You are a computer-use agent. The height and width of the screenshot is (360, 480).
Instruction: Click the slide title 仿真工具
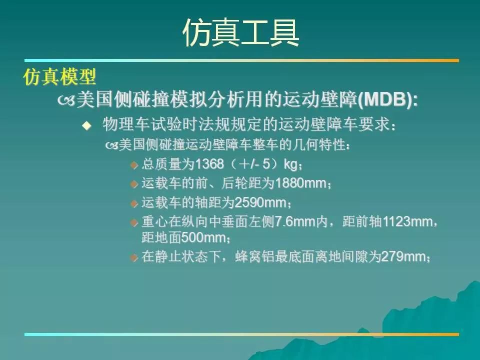click(240, 33)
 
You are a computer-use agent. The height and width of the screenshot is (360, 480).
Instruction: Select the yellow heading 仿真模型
click(59, 76)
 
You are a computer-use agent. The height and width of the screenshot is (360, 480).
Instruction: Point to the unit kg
click(290, 164)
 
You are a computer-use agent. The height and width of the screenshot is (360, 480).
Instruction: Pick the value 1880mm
click(300, 183)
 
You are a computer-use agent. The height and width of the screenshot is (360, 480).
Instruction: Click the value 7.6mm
click(295, 221)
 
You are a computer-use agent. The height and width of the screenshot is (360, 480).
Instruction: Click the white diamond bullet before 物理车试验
click(87, 125)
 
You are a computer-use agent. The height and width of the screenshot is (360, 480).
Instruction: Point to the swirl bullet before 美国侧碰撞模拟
click(66, 100)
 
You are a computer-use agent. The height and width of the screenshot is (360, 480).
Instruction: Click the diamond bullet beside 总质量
click(134, 165)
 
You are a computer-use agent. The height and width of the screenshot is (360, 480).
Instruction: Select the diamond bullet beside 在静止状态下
click(134, 257)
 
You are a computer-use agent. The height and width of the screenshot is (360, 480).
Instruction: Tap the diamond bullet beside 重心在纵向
click(134, 222)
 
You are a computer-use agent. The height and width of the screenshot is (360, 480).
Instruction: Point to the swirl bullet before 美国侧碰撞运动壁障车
click(111, 145)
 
